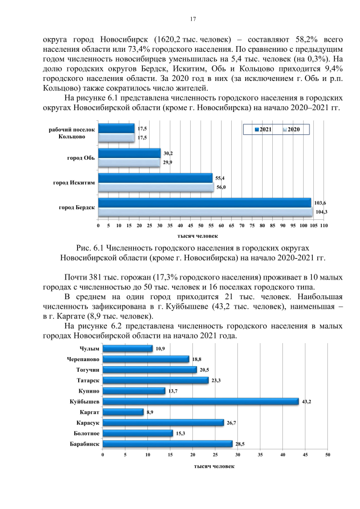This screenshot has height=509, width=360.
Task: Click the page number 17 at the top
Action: click(192, 19)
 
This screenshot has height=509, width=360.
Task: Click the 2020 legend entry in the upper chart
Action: click(291, 129)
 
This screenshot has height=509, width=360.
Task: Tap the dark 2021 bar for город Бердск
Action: click(204, 202)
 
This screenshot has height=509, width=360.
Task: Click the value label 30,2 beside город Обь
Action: click(168, 153)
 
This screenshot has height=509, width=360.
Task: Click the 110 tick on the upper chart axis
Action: click(323, 225)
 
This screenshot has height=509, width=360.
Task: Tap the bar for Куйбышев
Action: click(200, 401)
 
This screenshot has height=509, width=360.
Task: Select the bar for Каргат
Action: click(123, 412)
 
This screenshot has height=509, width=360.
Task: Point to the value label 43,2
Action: click(306, 401)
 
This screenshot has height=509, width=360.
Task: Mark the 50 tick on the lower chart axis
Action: click(327, 454)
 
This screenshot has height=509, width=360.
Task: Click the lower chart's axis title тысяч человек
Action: click(214, 466)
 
